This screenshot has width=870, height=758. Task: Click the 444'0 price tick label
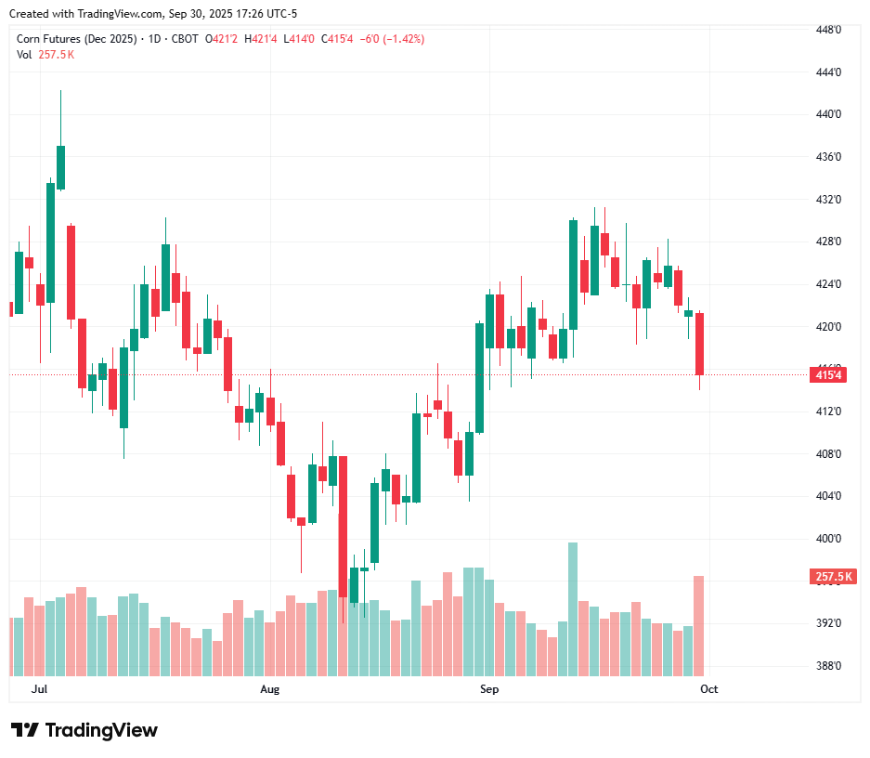point(828,72)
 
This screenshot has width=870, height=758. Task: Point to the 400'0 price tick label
point(828,539)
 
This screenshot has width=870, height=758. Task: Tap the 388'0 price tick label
point(828,666)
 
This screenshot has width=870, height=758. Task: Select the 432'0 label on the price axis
point(828,200)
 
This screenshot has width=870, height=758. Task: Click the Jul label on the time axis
point(39,689)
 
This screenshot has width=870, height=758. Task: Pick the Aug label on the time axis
point(270,689)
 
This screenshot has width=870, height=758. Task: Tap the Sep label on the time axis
point(489,689)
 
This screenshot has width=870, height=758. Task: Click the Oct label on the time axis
point(709,689)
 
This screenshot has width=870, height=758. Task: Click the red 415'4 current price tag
point(829,375)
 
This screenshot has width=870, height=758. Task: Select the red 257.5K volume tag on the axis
point(833,577)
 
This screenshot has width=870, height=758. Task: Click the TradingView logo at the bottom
point(84,730)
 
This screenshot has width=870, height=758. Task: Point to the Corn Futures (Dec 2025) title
point(78,39)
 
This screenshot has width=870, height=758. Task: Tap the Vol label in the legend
point(24,55)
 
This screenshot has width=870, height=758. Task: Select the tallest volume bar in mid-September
point(573,608)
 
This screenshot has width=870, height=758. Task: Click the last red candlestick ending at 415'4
point(699,344)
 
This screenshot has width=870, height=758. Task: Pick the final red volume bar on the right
point(698,625)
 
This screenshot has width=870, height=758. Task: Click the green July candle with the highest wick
point(60,167)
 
